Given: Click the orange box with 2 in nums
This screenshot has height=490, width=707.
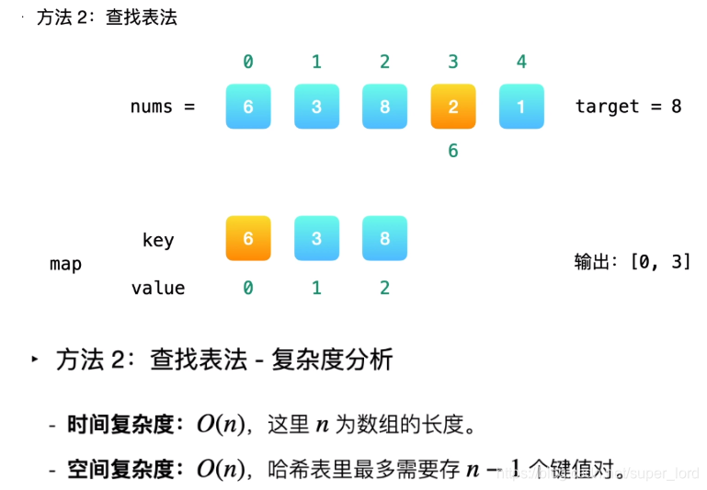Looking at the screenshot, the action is tap(453, 107).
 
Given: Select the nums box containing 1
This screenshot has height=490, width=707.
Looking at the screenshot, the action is tap(521, 107).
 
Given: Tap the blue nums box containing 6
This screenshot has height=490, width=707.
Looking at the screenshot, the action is tap(248, 107).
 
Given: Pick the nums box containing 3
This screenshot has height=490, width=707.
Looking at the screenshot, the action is tap(316, 107).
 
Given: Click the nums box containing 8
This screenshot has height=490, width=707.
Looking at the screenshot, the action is tap(384, 107).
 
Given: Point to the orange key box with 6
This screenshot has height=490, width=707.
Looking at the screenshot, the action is tap(248, 239).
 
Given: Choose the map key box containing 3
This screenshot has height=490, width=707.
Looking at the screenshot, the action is tap(316, 239).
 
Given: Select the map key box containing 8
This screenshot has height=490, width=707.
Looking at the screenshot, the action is tap(384, 239).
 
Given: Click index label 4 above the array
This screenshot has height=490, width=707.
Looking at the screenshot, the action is tap(521, 63).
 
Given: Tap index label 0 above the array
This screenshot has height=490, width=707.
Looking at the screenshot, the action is tap(248, 63).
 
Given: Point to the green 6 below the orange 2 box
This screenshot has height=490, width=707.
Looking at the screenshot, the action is tap(453, 151).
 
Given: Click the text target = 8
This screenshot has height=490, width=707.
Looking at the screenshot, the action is tap(628, 107).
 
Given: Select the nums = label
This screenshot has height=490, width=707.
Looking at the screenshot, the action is tap(163, 107).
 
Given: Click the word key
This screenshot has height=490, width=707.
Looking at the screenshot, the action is tap(158, 241).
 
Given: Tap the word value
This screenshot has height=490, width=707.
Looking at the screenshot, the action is tap(158, 289).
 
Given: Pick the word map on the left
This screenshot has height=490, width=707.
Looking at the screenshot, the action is tap(65, 265).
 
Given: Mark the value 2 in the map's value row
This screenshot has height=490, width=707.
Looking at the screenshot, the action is tap(384, 289).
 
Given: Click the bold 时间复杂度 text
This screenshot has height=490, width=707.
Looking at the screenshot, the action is tap(120, 425).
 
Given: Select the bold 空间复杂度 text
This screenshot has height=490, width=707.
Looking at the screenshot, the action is tap(120, 470).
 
